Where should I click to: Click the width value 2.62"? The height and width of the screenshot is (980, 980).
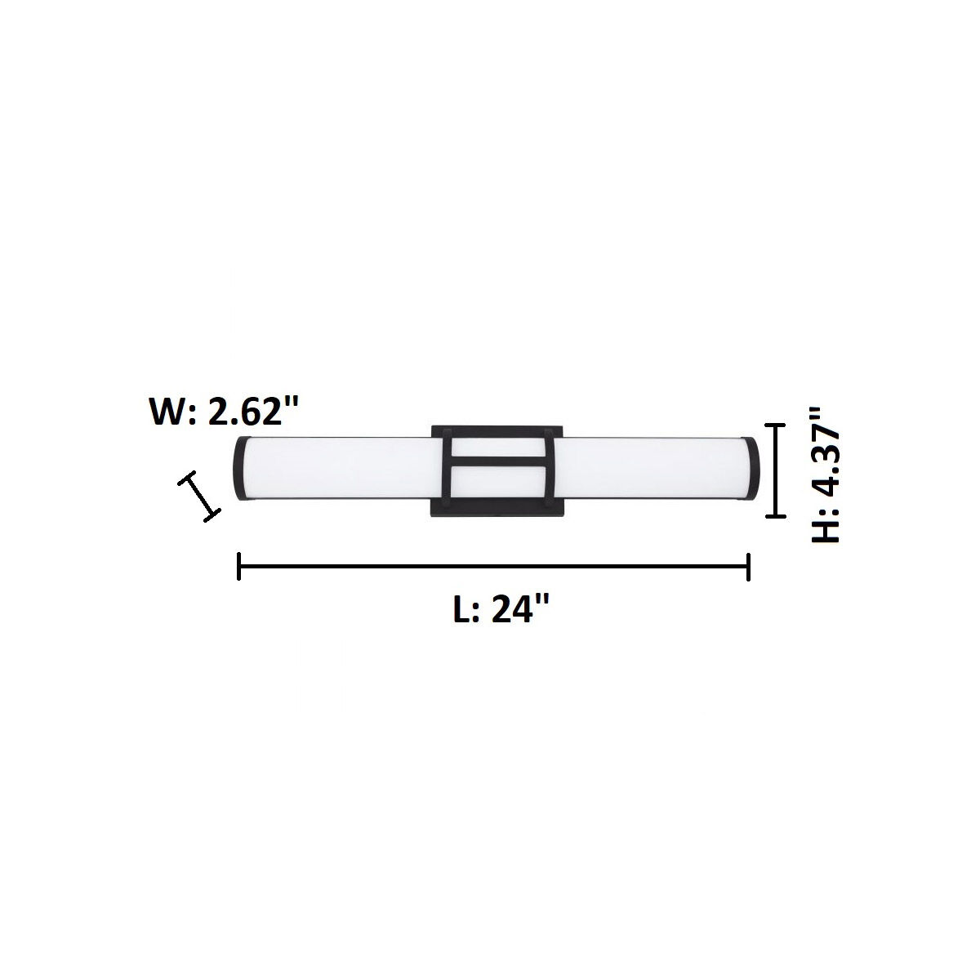[251, 412]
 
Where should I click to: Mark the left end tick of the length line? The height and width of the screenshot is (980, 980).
[238, 566]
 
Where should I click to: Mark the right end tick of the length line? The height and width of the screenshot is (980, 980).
[748, 566]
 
